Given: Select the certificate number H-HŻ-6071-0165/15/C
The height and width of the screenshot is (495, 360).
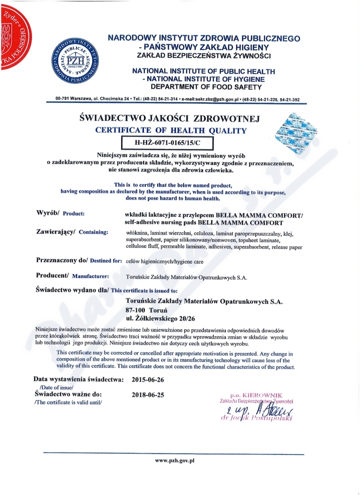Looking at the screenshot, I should click(168, 143).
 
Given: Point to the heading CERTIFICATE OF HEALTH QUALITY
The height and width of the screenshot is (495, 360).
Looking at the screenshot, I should click(171, 131).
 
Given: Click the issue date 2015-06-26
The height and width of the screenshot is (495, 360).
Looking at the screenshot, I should click(148, 379).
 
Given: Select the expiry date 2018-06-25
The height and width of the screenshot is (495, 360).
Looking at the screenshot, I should click(148, 395).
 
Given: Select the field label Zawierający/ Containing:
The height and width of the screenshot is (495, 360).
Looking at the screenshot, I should click(72, 232).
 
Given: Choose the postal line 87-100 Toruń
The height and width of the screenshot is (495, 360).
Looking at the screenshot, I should click(147, 310).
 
